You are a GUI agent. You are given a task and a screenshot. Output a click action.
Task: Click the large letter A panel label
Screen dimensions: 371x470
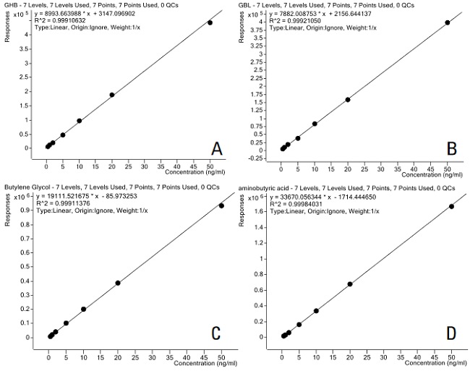click(x=216, y=149)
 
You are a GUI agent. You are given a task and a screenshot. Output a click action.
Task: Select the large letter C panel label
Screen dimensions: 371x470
click(x=215, y=333)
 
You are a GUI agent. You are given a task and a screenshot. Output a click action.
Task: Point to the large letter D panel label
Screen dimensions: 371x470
click(x=452, y=333)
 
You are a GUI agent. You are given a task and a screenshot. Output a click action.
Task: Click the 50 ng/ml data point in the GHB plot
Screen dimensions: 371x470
click(x=210, y=22)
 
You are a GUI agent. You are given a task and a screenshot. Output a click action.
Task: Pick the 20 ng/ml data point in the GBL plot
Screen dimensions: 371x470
click(x=348, y=99)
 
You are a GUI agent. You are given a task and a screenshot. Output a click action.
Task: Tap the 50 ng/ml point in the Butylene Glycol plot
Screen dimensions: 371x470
click(x=221, y=205)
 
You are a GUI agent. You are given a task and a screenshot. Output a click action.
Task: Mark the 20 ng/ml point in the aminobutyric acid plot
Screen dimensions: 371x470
click(x=350, y=283)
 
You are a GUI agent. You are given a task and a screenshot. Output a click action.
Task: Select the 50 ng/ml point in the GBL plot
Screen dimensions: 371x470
click(x=448, y=22)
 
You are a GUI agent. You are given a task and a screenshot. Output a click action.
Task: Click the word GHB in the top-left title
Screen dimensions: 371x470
click(x=11, y=6)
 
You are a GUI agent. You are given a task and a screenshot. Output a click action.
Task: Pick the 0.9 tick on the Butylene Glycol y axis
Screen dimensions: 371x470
click(x=33, y=210)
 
